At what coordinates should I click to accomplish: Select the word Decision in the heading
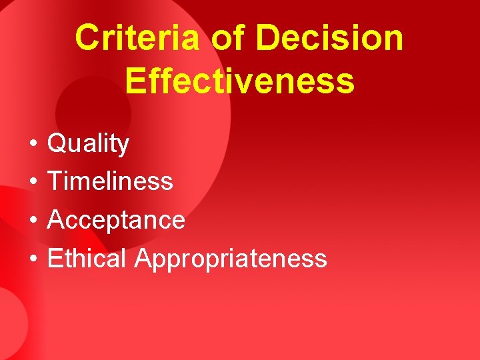coord(329,38)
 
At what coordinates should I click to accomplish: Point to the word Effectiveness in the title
coord(239,80)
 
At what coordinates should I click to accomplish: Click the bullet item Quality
coord(88,144)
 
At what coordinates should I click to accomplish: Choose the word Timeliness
coord(110,181)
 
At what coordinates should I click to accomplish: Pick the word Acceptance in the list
coord(116,219)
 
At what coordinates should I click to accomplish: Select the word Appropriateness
coord(231,259)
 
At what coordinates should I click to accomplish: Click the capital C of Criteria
coord(87,38)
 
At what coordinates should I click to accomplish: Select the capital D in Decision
coord(268,38)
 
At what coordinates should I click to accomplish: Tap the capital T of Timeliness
coord(55,181)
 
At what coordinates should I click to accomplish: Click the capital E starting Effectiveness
coord(135,80)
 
